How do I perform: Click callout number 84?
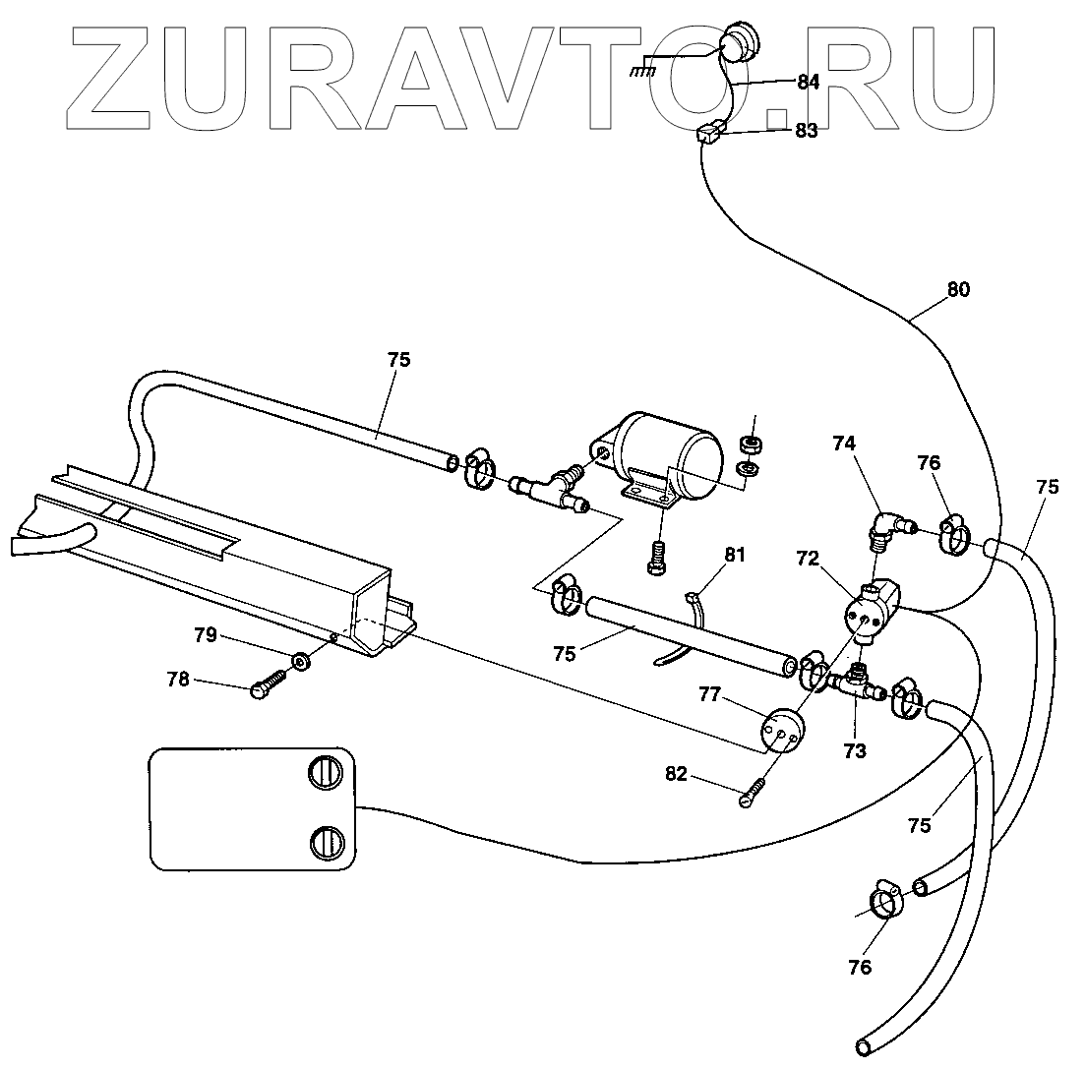pos(808,83)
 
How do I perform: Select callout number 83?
pos(806,131)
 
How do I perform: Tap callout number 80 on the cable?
pos(958,289)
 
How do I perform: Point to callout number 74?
pos(844,445)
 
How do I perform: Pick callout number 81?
pos(736,556)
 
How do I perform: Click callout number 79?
pos(206,635)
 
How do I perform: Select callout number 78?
pos(206,680)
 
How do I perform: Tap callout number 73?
pos(854,751)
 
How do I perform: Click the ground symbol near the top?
pos(644,71)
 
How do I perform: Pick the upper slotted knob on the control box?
pos(326,775)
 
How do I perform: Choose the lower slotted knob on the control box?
pos(326,844)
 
